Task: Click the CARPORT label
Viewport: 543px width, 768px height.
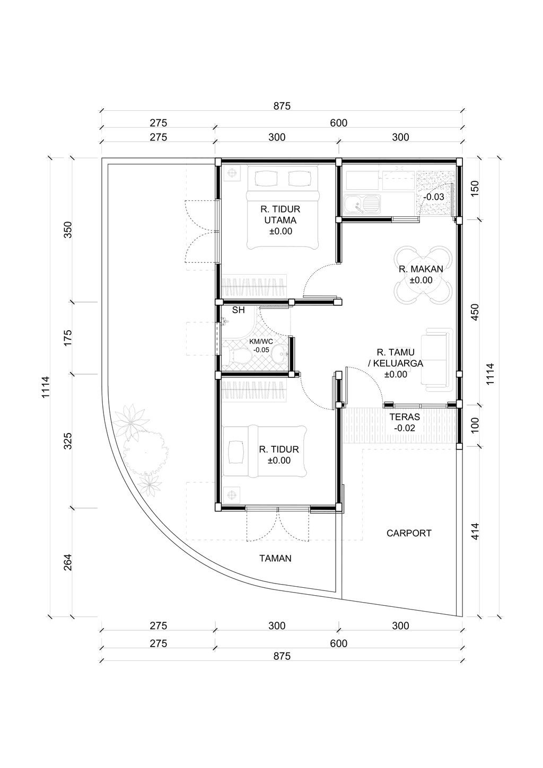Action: click(x=409, y=533)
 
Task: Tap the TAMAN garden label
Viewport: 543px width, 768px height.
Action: click(x=275, y=558)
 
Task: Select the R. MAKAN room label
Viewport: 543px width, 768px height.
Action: click(x=421, y=269)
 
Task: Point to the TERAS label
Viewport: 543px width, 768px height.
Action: click(x=404, y=417)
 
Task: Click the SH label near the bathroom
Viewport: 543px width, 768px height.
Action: click(x=239, y=311)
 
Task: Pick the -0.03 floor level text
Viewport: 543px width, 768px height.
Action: click(x=434, y=197)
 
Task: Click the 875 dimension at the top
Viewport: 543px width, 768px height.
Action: click(x=282, y=106)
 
